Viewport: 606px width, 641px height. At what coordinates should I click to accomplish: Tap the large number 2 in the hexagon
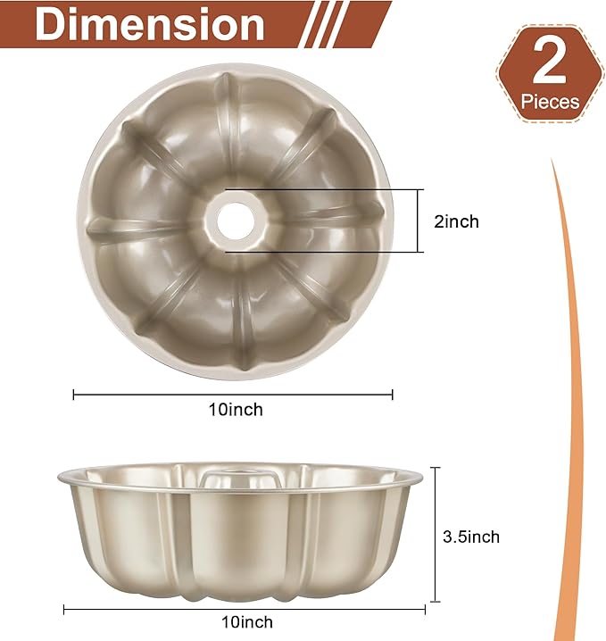[548, 63]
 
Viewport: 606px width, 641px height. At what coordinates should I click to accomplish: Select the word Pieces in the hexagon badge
[550, 102]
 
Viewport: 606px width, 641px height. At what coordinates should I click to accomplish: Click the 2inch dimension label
[456, 221]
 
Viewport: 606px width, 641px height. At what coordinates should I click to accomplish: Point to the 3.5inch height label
[471, 537]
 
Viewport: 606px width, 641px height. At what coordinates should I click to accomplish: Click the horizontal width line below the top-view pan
[233, 394]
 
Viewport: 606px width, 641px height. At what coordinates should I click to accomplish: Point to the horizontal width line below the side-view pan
[244, 610]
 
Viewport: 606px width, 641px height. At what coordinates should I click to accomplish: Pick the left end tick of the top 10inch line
[74, 394]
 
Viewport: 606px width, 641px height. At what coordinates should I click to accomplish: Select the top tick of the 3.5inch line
[436, 468]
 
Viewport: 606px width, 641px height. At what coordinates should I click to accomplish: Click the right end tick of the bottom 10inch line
[425, 610]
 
